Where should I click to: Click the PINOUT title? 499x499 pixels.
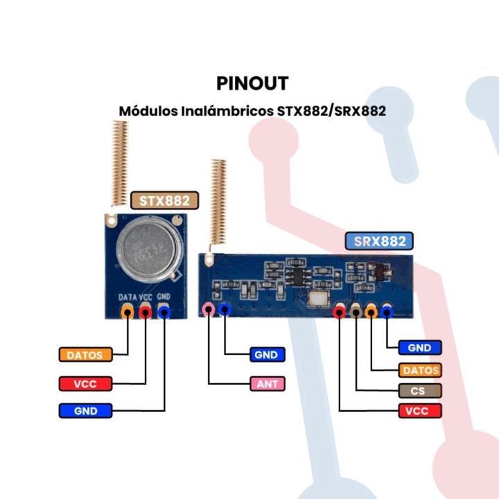point(252,83)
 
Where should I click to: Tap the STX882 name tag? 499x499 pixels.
point(164,201)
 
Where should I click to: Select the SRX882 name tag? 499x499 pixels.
point(379,241)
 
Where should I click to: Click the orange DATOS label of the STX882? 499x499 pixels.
point(85,355)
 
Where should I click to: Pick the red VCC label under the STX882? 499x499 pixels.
point(85,383)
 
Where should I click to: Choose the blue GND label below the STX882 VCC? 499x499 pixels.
point(85,410)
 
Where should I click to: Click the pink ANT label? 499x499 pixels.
point(266,383)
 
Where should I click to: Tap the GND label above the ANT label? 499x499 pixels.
point(266,355)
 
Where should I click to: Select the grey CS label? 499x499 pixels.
point(419,390)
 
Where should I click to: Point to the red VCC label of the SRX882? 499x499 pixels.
point(419,411)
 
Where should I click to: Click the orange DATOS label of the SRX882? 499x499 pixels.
point(419,370)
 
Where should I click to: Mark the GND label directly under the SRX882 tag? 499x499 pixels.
point(419,348)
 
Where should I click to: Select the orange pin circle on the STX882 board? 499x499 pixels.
point(128,313)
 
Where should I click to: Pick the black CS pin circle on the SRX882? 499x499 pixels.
point(356,313)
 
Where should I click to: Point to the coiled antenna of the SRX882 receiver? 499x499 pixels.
point(220,201)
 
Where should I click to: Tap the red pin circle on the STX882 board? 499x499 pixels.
point(146,313)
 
